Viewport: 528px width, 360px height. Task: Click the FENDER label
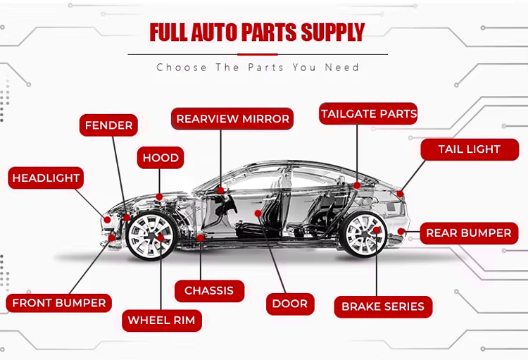pyautogui.click(x=108, y=125)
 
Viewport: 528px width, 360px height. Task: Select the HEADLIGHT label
pyautogui.click(x=46, y=178)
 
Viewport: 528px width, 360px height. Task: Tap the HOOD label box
pyautogui.click(x=161, y=158)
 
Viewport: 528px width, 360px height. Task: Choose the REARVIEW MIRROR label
pyautogui.click(x=232, y=118)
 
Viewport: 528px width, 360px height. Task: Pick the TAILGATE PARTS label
pyautogui.click(x=369, y=113)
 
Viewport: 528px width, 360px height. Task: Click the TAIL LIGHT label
pyautogui.click(x=469, y=149)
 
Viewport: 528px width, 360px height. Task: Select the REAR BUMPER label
pyautogui.click(x=469, y=233)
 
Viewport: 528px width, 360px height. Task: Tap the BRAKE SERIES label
pyautogui.click(x=383, y=306)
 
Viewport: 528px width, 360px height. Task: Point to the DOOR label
pyautogui.click(x=290, y=304)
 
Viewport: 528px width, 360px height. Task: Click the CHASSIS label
pyautogui.click(x=209, y=290)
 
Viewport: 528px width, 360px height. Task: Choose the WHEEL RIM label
pyautogui.click(x=162, y=321)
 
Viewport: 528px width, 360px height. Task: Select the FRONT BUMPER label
pyautogui.click(x=59, y=304)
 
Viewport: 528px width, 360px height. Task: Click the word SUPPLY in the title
pyautogui.click(x=332, y=32)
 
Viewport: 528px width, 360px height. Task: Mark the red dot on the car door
pyautogui.click(x=258, y=212)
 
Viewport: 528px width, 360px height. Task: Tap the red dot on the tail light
pyautogui.click(x=400, y=193)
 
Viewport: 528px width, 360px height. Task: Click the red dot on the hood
pyautogui.click(x=160, y=197)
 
